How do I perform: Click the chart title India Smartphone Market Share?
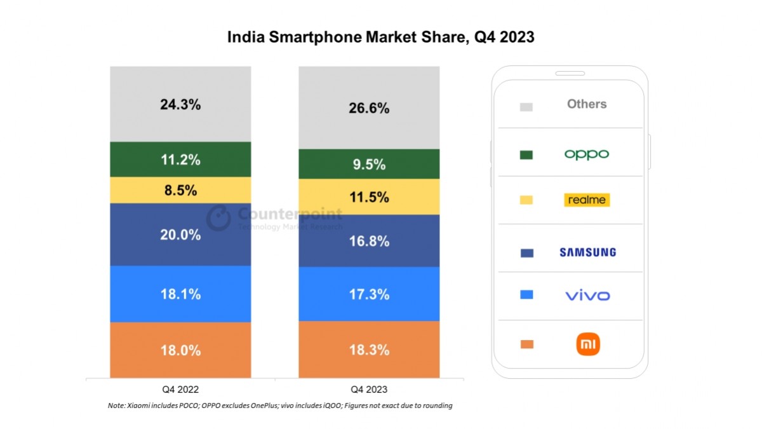tap(380, 37)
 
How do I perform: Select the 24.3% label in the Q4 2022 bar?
tap(180, 105)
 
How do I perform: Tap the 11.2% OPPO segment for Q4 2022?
tap(180, 160)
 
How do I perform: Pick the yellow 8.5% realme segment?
tap(180, 190)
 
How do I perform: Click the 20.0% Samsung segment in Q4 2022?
tap(180, 235)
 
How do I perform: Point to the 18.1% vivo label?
tap(180, 294)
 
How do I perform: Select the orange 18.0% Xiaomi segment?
tap(180, 350)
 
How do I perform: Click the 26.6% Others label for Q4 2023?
tap(368, 108)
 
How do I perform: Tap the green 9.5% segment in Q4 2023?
tap(368, 165)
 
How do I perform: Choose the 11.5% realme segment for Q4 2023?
tap(368, 197)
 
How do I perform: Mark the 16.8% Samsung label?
tap(368, 241)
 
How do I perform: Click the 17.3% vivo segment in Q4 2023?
tap(368, 294)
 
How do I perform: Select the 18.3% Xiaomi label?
tap(368, 350)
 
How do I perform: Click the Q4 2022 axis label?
tap(180, 389)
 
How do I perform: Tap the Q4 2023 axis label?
tap(368, 389)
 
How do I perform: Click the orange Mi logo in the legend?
tap(587, 344)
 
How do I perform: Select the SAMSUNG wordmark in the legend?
tap(587, 252)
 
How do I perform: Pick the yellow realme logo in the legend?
tap(587, 200)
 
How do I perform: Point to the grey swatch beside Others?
tap(526, 107)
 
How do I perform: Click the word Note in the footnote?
tap(117, 405)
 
